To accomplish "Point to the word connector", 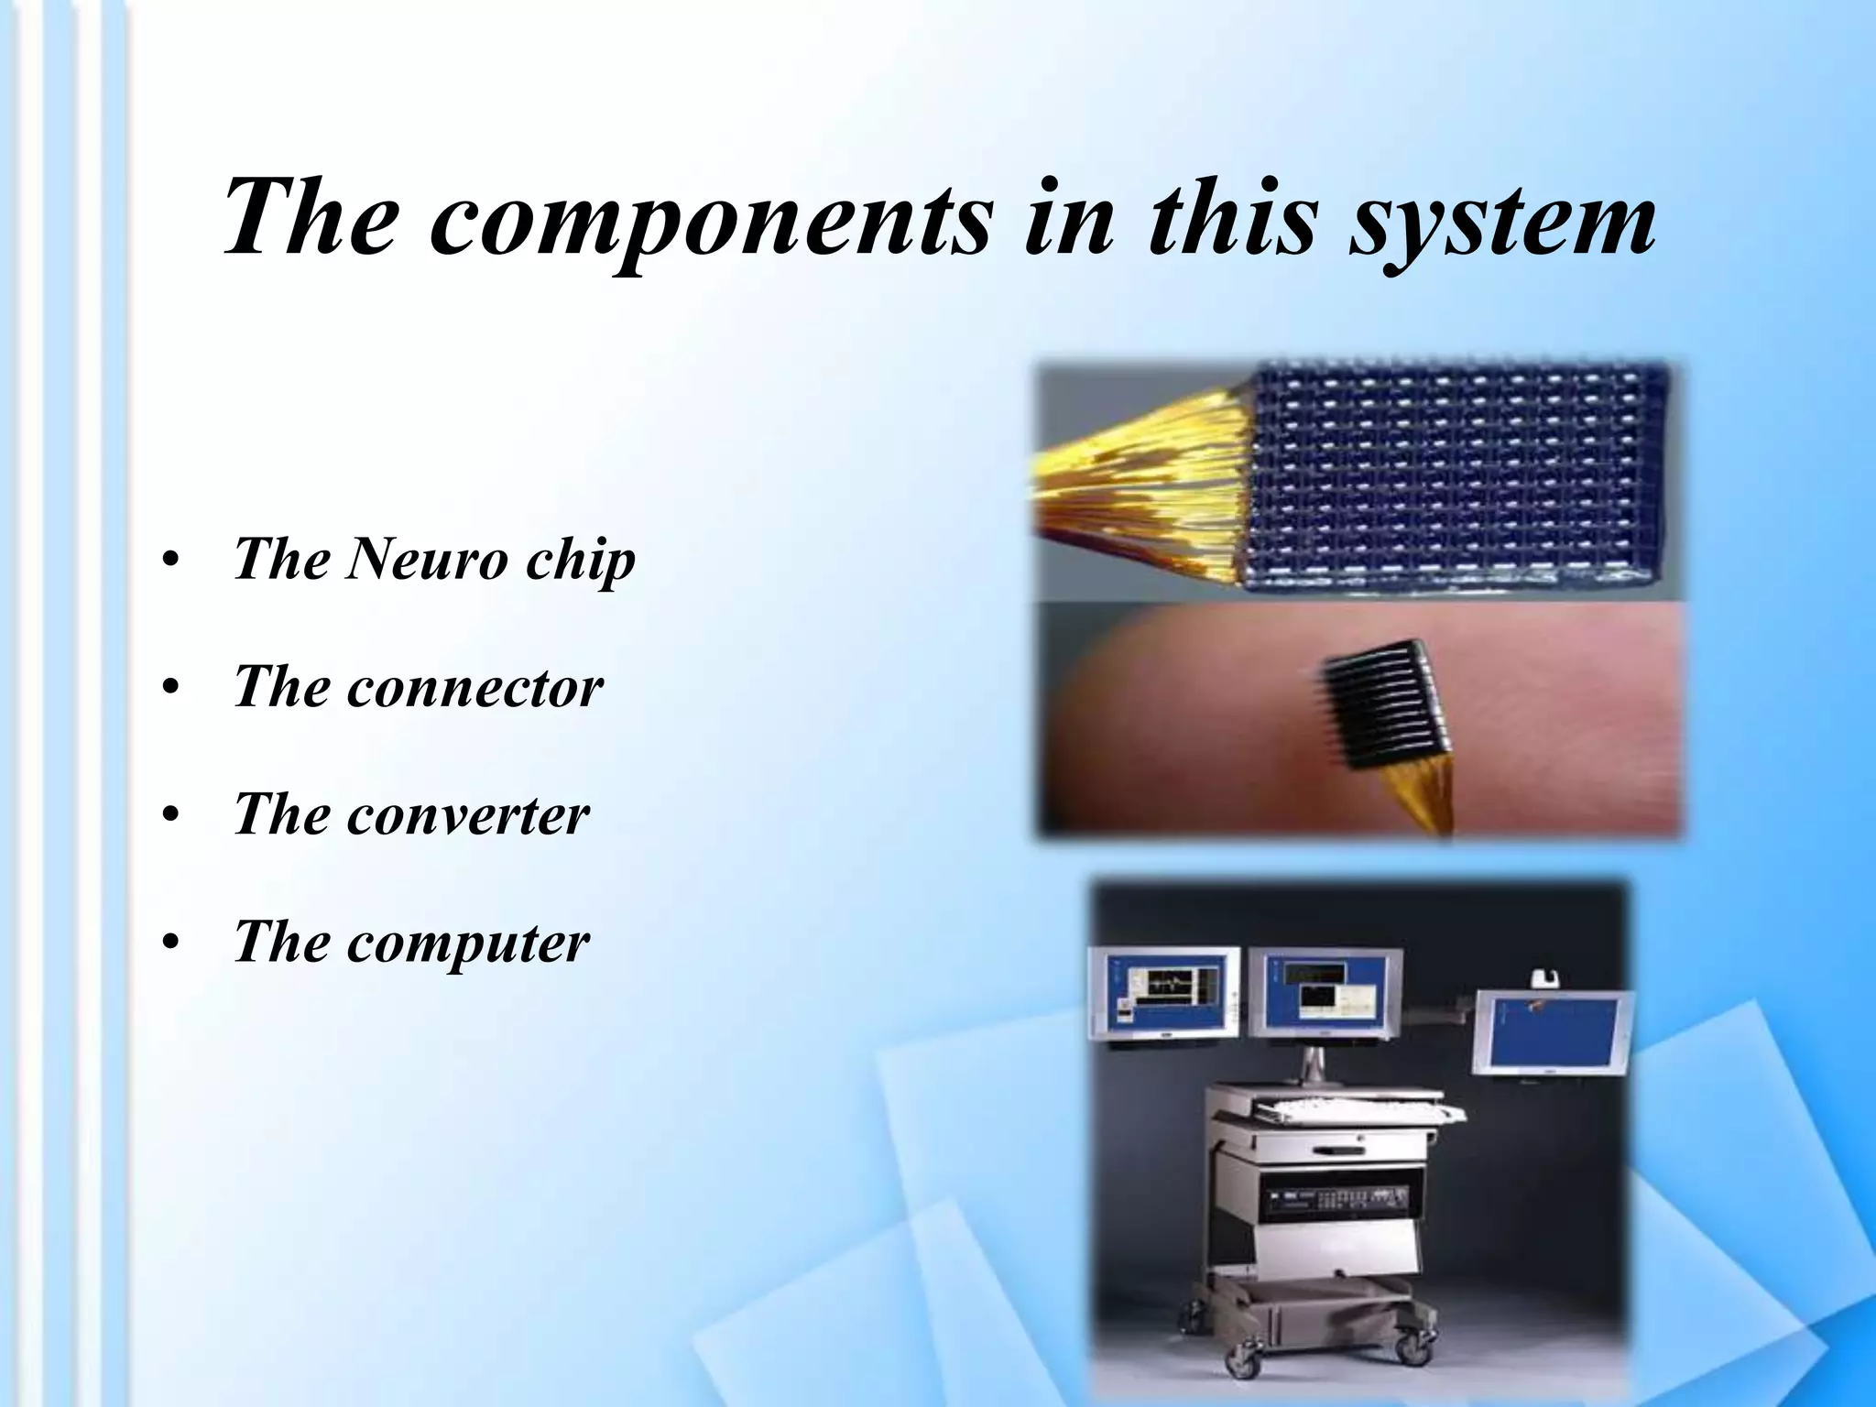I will point(474,686).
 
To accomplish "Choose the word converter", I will point(467,814).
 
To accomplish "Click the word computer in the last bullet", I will point(467,943).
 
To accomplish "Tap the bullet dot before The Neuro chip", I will point(168,562).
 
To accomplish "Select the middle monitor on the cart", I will point(1325,994).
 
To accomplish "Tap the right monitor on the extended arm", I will point(1553,1032).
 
